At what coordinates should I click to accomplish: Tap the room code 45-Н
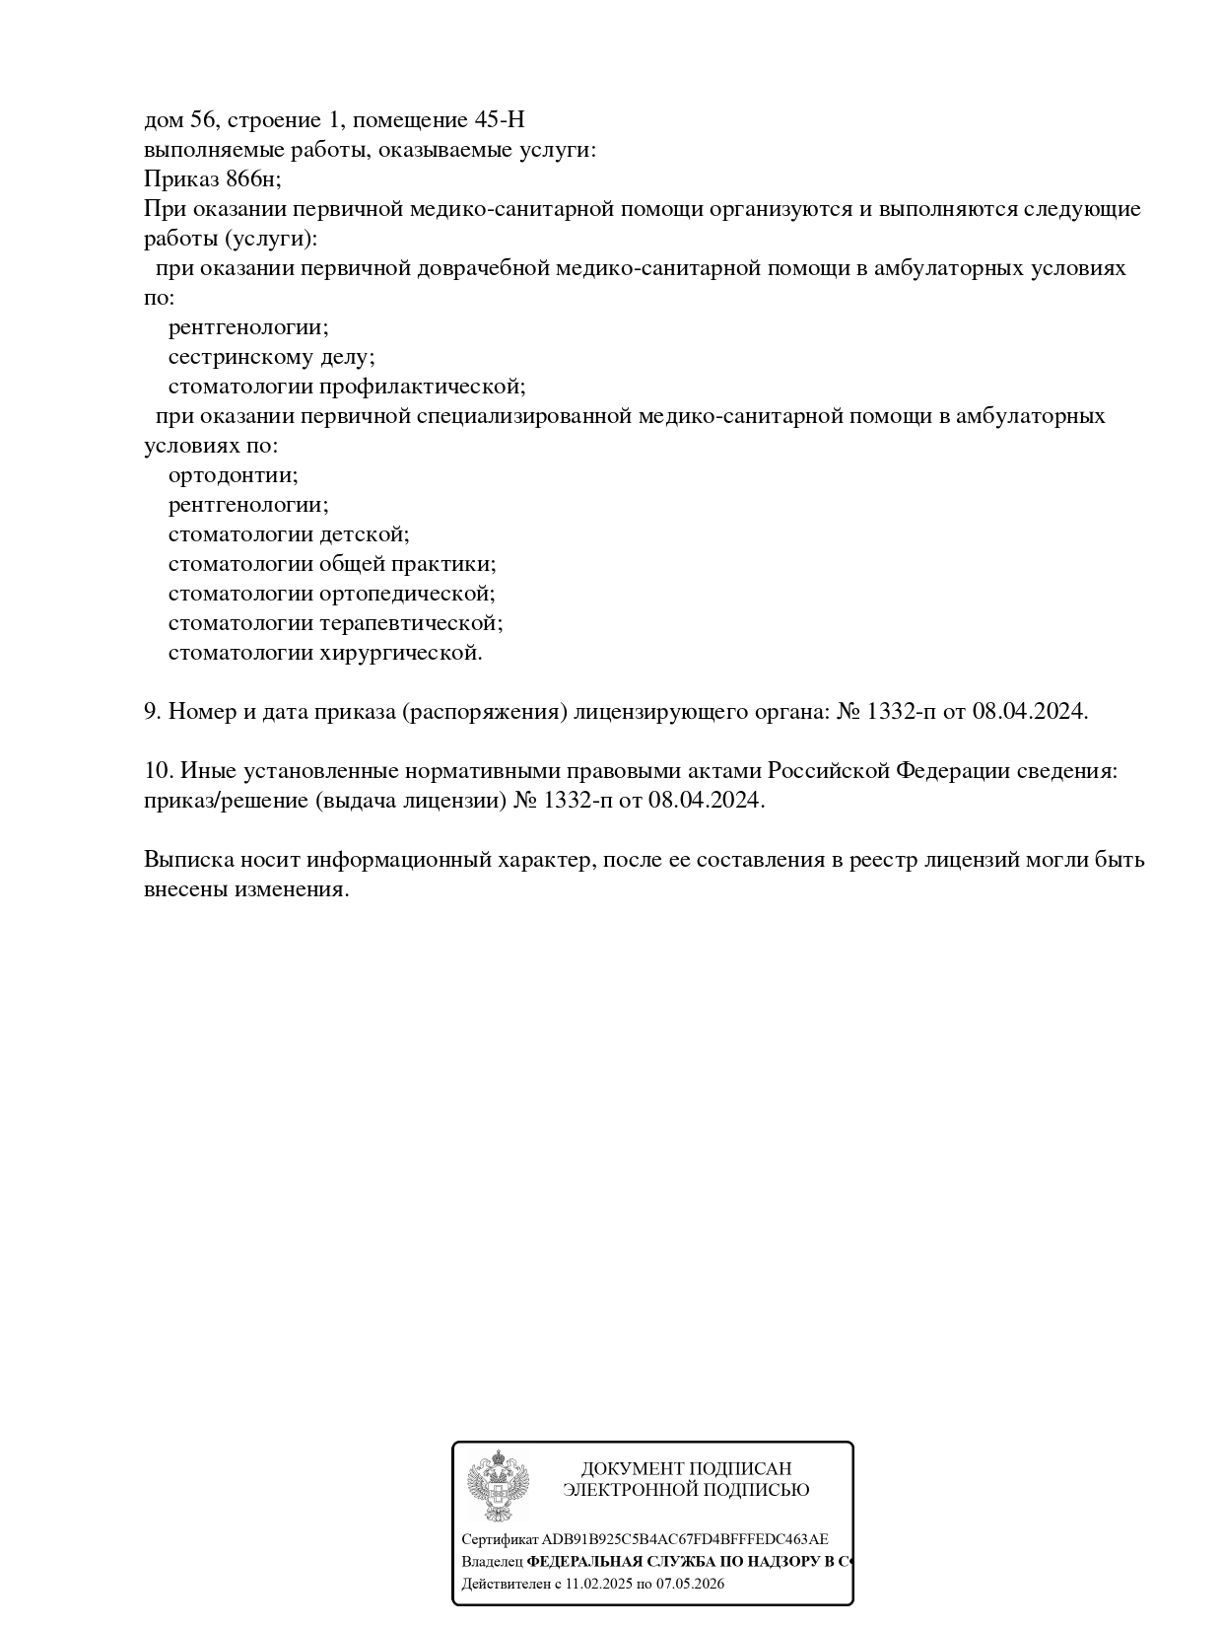pyautogui.click(x=500, y=120)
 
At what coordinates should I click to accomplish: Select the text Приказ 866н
pyautogui.click(x=211, y=179)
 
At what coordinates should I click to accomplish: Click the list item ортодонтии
pyautogui.click(x=233, y=475)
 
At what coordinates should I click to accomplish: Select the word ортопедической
pyautogui.click(x=407, y=594)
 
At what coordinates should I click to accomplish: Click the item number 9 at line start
pyautogui.click(x=152, y=712)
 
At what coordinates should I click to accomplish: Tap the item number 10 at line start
pyautogui.click(x=158, y=771)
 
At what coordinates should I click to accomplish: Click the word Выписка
pyautogui.click(x=188, y=860)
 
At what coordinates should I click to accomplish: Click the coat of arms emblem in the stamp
pyautogui.click(x=498, y=1486)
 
